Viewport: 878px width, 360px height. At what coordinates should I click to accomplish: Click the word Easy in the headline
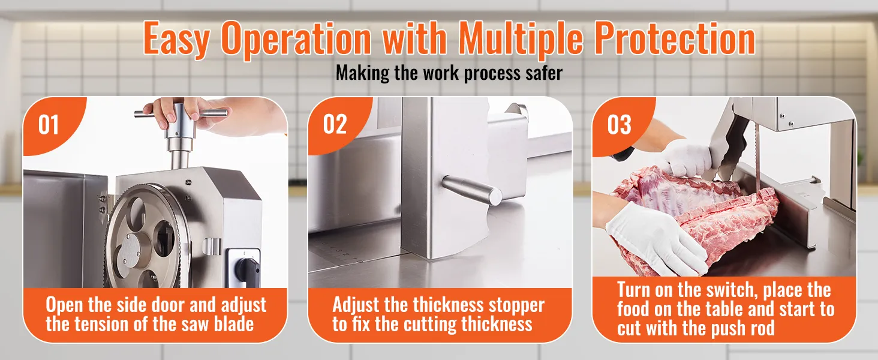(176, 39)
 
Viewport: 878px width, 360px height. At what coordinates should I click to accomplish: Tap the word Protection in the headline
(675, 38)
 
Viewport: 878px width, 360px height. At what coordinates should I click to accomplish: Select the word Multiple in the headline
(521, 39)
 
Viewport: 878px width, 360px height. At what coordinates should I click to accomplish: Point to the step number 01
(49, 125)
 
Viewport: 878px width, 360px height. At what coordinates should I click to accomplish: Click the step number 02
(335, 124)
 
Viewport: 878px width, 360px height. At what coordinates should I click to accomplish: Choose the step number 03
(620, 125)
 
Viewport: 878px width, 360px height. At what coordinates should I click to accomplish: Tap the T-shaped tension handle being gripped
(181, 118)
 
